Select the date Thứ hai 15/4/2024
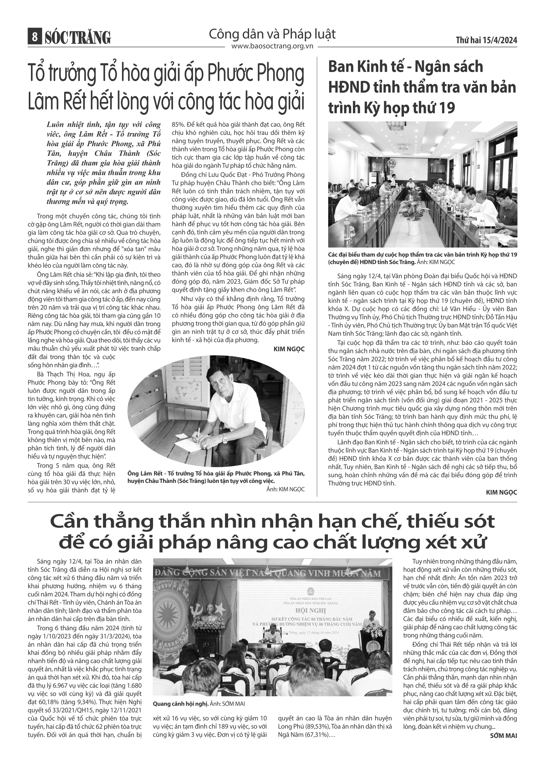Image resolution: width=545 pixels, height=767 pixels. (486, 41)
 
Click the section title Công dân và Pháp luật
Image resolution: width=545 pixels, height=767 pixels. (272, 34)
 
